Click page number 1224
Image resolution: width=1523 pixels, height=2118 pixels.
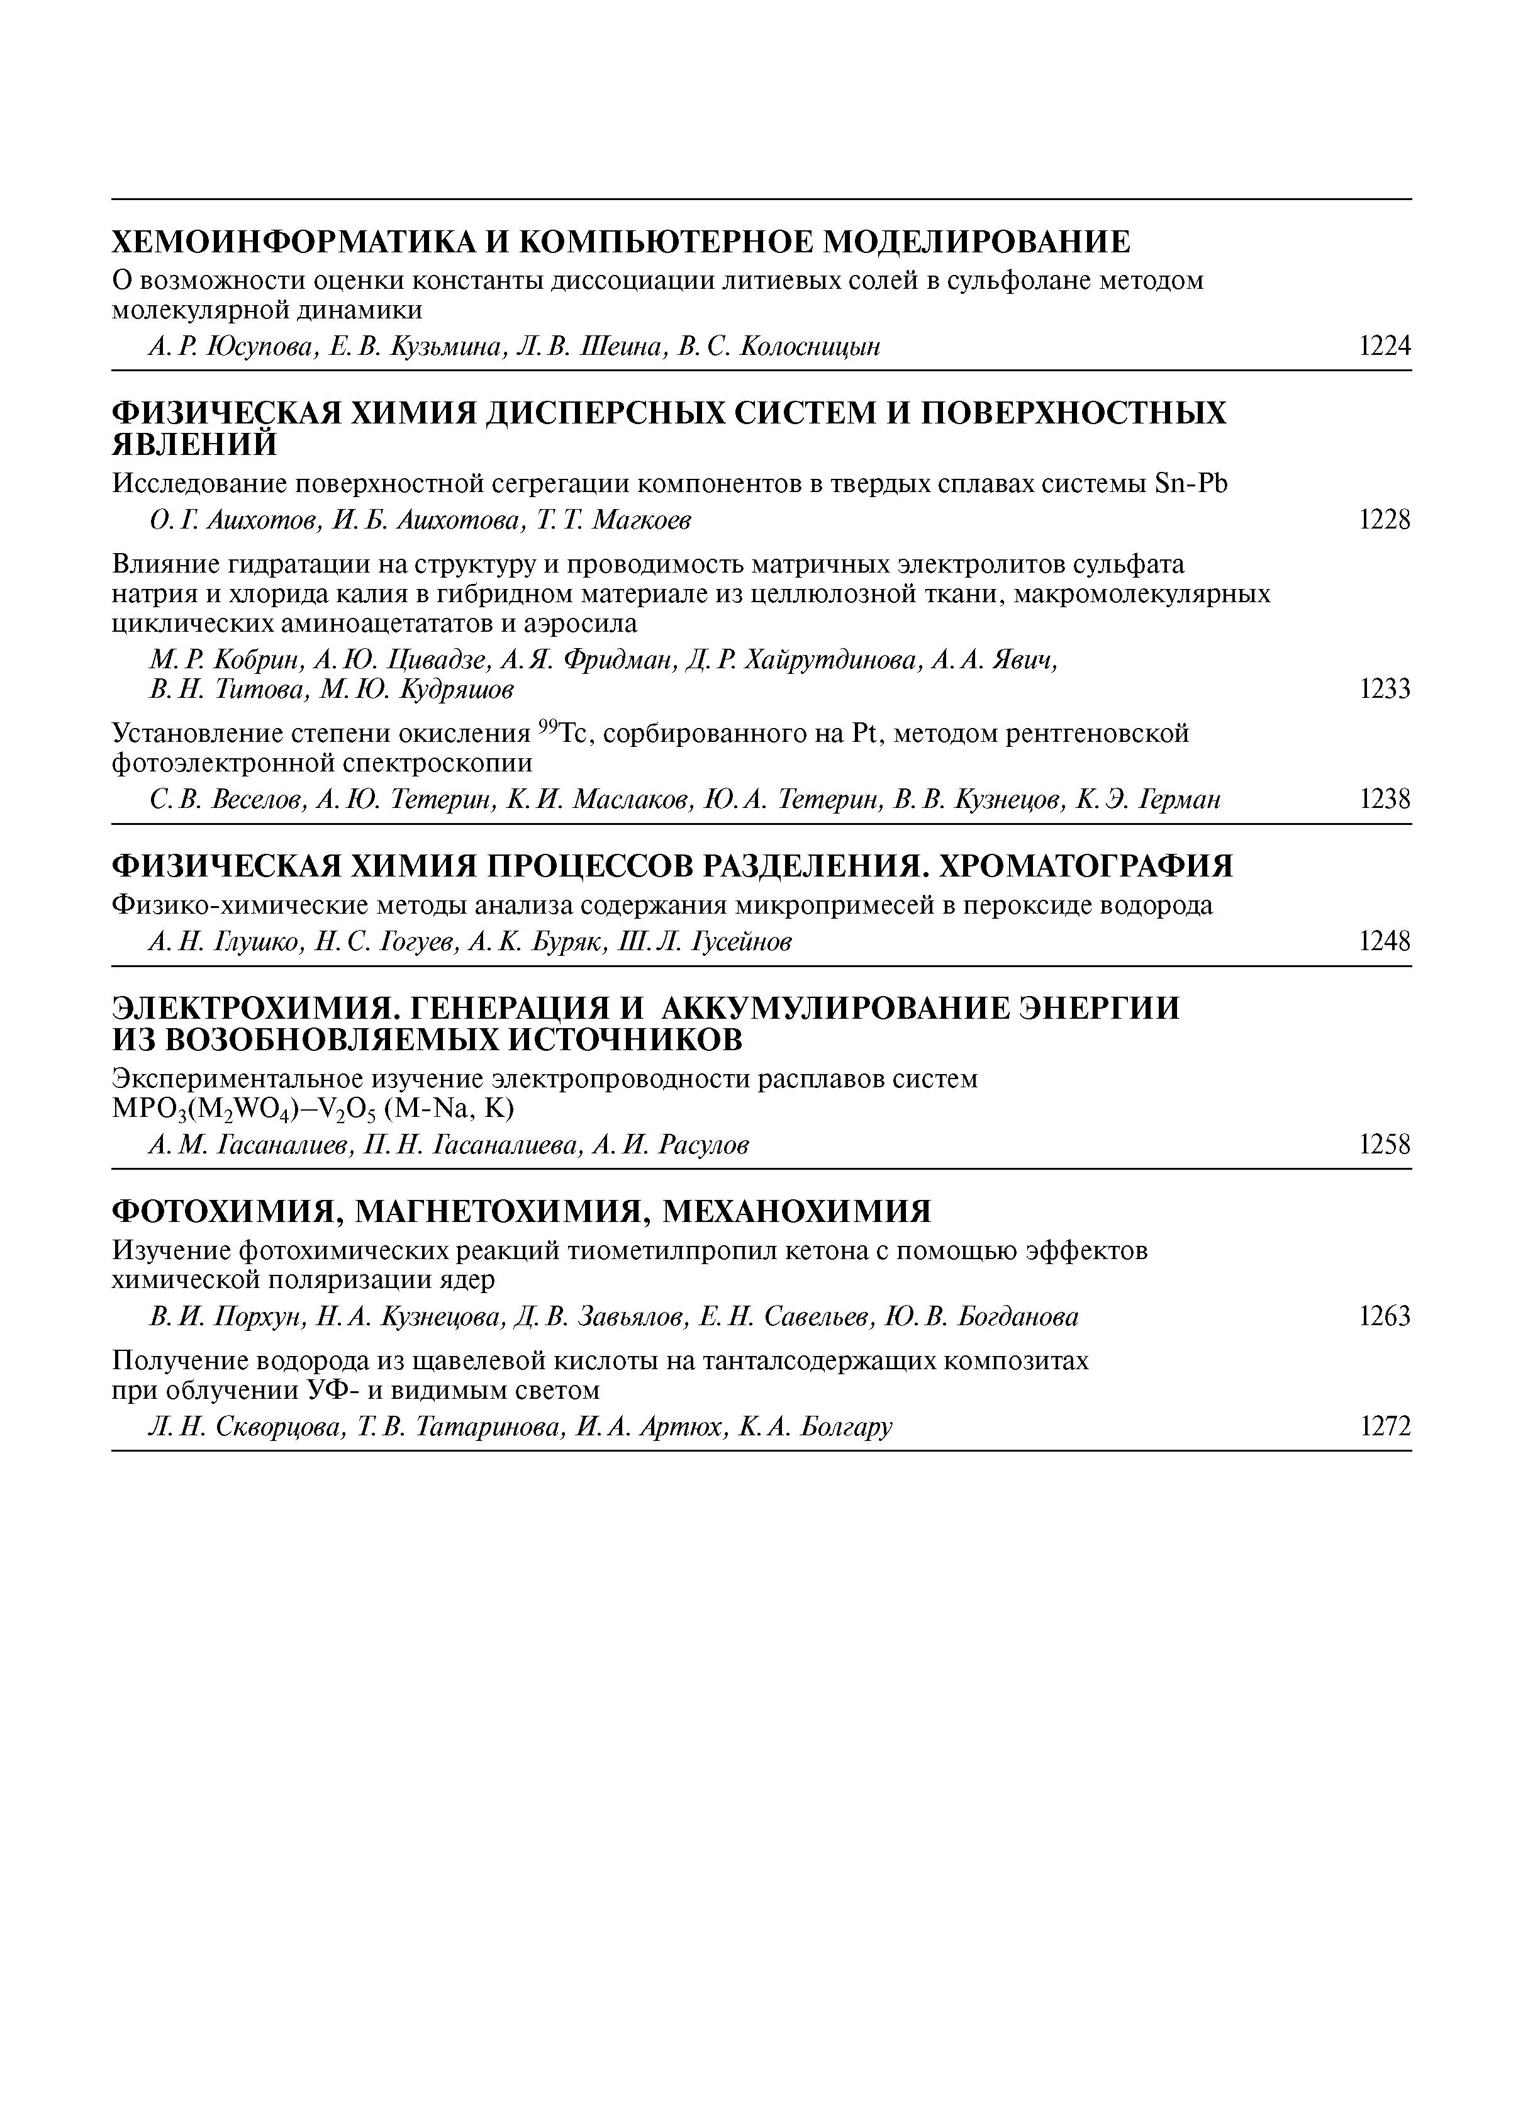click(1384, 347)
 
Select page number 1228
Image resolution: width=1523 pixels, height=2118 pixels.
click(1384, 520)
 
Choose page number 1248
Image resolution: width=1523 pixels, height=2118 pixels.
click(1384, 942)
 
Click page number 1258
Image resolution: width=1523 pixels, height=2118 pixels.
click(1384, 1145)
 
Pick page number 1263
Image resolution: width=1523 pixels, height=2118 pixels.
click(1384, 1317)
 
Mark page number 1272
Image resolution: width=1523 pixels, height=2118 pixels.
click(1384, 1427)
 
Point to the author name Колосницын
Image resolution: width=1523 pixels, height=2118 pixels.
click(810, 347)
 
